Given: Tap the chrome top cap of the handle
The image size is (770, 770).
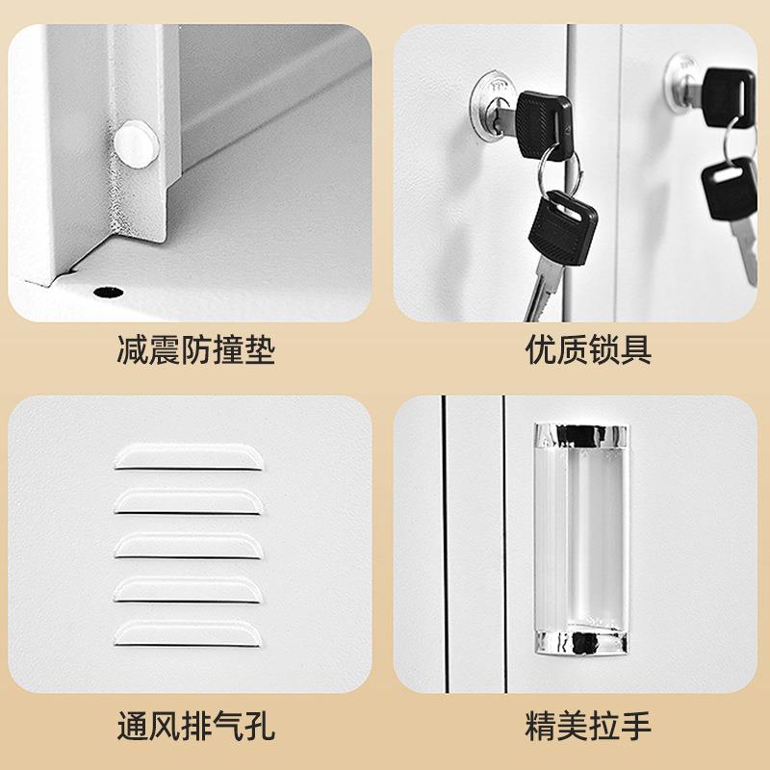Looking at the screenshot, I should coord(577,435).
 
